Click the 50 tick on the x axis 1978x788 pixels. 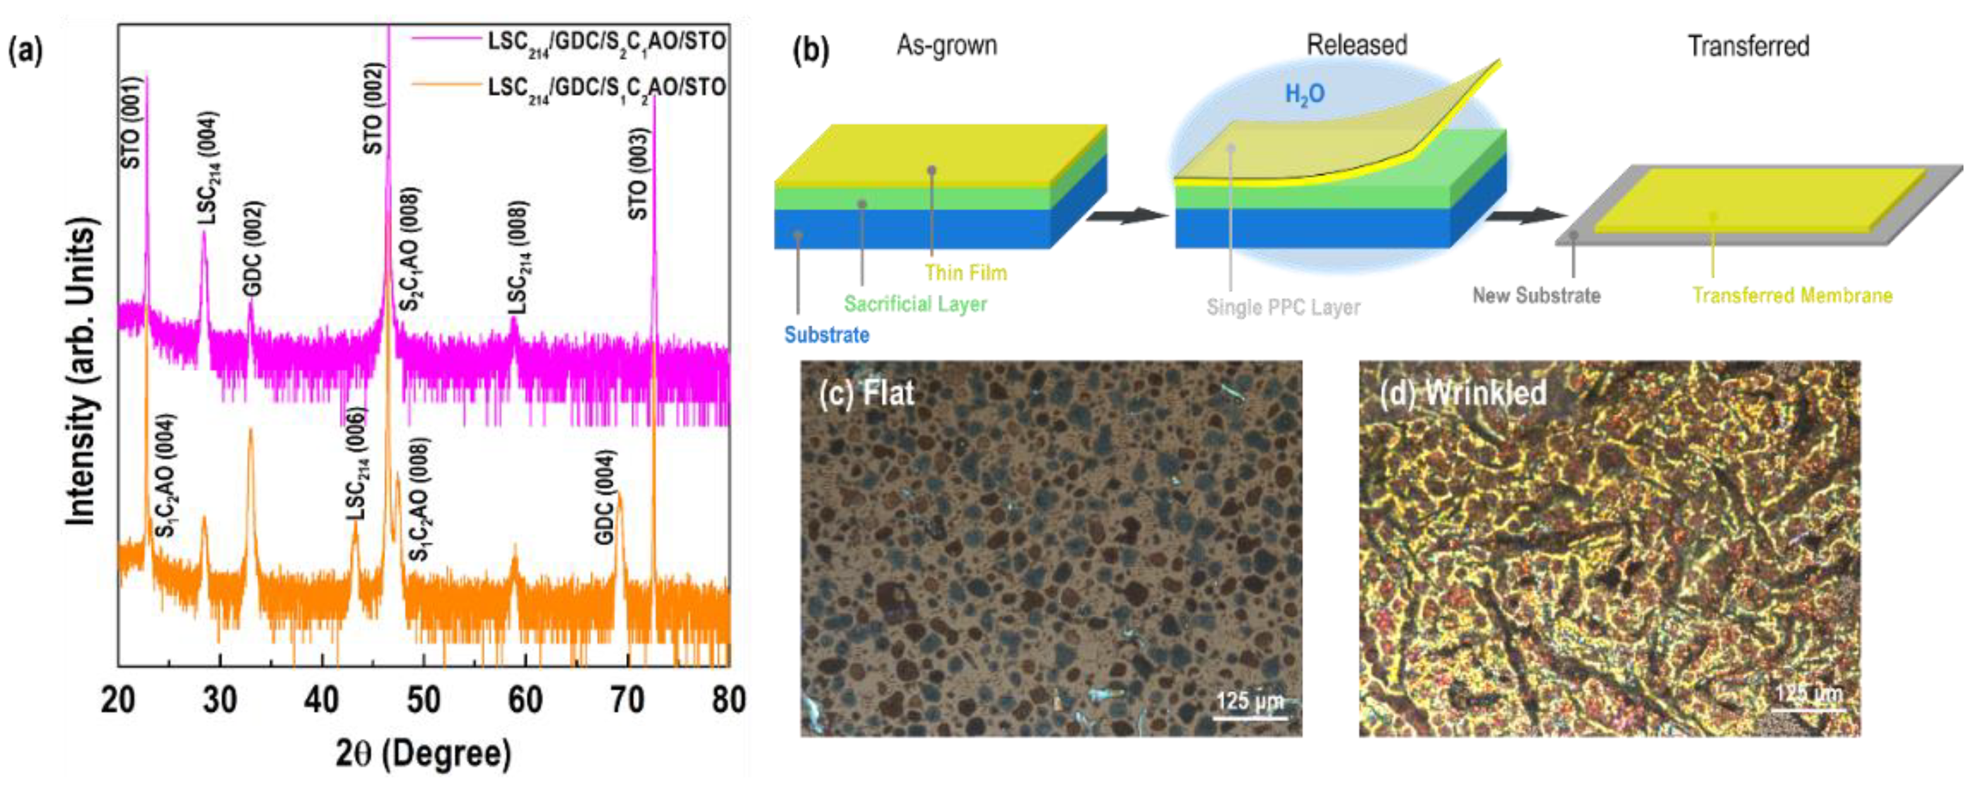423,700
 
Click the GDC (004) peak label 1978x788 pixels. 606,497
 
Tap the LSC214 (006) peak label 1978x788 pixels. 357,464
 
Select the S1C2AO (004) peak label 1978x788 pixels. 166,476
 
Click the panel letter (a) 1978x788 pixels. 25,52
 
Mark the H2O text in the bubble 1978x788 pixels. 1305,94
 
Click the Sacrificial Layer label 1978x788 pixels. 916,304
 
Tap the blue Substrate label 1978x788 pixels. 826,335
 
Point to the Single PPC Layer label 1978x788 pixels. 1283,307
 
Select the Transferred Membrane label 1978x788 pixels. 1792,296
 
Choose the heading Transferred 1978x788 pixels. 1748,46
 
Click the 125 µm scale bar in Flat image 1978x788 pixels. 1249,717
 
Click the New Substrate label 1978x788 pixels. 1536,296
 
